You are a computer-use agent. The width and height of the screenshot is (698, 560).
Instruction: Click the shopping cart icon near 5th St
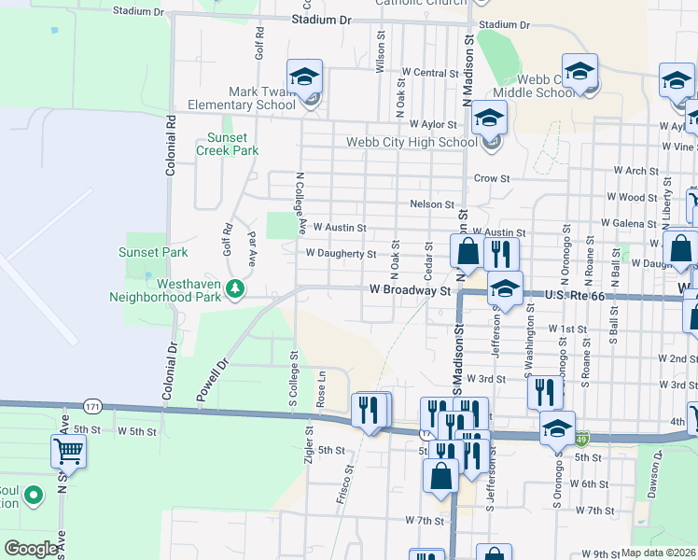coord(69,452)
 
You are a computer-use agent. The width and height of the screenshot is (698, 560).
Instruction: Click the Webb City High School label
coord(412,142)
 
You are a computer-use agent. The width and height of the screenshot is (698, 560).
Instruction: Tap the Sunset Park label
coord(153,252)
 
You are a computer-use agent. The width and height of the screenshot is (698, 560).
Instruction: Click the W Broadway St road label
coord(410,290)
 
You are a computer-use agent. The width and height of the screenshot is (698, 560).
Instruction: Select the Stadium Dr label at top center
coord(321,20)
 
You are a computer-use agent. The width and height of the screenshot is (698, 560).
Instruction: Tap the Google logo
coord(32,549)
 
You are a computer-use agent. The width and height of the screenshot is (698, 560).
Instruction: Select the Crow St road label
coord(492,178)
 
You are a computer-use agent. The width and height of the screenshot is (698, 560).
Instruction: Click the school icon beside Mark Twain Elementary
coord(304,78)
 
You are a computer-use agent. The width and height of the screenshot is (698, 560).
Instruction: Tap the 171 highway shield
coord(91,407)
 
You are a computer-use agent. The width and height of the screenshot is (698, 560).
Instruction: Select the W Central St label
coord(430,73)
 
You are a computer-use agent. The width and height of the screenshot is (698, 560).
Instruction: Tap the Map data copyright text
coord(658,553)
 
